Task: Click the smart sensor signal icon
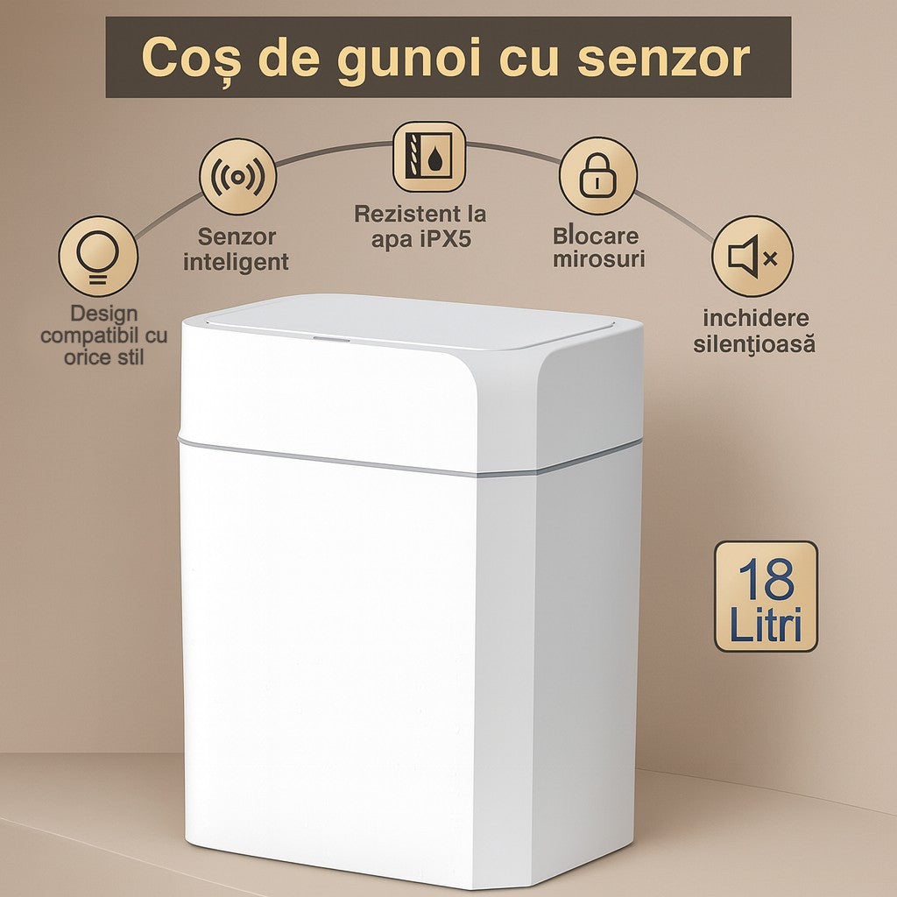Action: tap(237, 177)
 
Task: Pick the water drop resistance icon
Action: tap(428, 158)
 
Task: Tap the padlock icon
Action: tap(597, 175)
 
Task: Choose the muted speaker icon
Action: tap(752, 257)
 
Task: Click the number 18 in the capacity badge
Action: tap(766, 579)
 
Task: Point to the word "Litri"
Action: tap(766, 625)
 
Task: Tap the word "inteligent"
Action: tap(237, 262)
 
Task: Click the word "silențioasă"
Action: tap(754, 344)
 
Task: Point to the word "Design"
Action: tap(104, 313)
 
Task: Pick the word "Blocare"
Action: tap(596, 237)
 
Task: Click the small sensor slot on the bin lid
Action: tap(331, 338)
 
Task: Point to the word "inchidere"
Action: tap(755, 318)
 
